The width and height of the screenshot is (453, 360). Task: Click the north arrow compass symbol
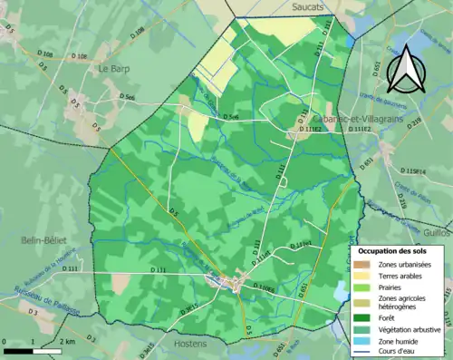pos(406,69)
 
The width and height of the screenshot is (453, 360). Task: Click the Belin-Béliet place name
pos(43,239)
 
